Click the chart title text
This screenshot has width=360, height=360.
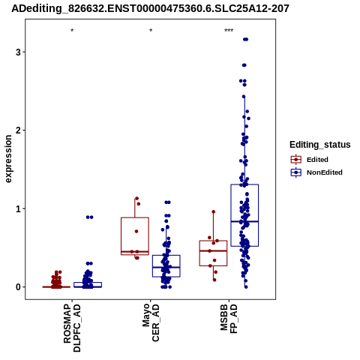(x=150, y=9)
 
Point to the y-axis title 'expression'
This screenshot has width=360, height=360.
(x=8, y=159)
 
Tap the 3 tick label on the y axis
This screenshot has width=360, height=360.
(x=18, y=52)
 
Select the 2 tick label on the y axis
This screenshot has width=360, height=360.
(x=18, y=130)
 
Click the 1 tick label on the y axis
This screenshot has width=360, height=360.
(x=18, y=208)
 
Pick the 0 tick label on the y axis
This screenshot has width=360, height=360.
(x=18, y=287)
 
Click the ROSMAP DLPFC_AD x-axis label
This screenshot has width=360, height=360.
(x=72, y=328)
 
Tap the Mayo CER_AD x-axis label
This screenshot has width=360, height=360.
(x=151, y=322)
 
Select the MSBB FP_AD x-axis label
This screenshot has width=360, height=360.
(x=229, y=319)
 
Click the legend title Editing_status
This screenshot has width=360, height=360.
(x=320, y=145)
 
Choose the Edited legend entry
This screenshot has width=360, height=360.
(x=310, y=160)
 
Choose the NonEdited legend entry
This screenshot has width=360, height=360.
(x=316, y=172)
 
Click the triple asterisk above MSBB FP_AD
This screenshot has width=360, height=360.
(x=229, y=31)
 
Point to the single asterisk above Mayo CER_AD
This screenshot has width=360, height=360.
(x=151, y=31)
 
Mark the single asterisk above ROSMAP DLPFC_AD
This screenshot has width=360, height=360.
(x=72, y=31)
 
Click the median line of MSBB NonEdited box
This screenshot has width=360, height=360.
(x=244, y=221)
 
